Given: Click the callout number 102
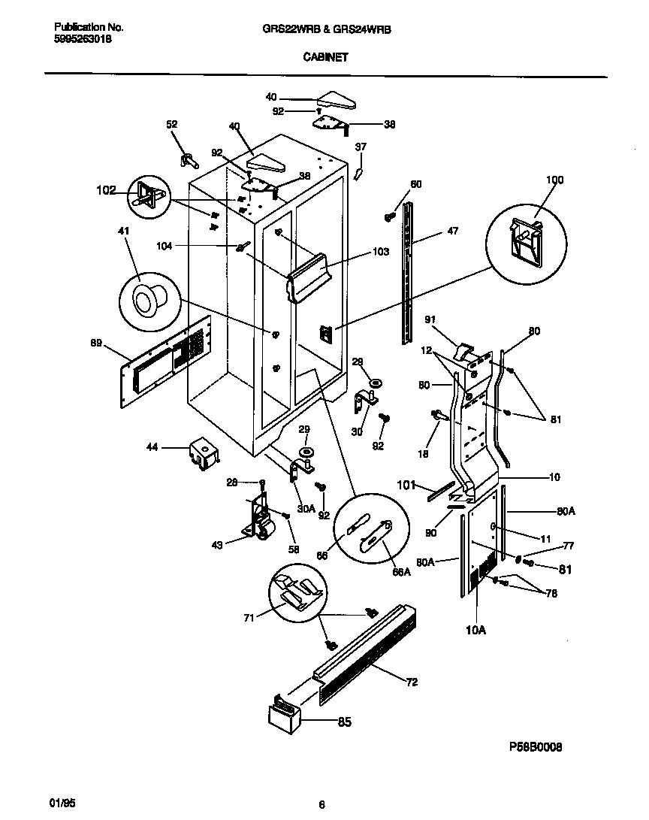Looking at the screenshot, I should (x=106, y=191).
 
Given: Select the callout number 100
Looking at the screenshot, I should (x=554, y=180).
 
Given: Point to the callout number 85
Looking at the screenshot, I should (x=344, y=722).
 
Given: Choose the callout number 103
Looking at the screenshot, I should (x=380, y=252).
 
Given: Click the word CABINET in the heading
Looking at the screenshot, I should (x=325, y=56).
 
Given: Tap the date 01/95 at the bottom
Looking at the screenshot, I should (x=65, y=803).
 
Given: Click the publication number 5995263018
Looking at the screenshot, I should (x=83, y=41).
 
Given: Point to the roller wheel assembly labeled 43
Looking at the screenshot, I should (x=258, y=521).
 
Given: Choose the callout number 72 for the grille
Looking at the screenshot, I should (x=412, y=682).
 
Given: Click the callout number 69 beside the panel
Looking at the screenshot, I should (x=95, y=343).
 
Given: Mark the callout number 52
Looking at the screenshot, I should (x=172, y=125).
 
